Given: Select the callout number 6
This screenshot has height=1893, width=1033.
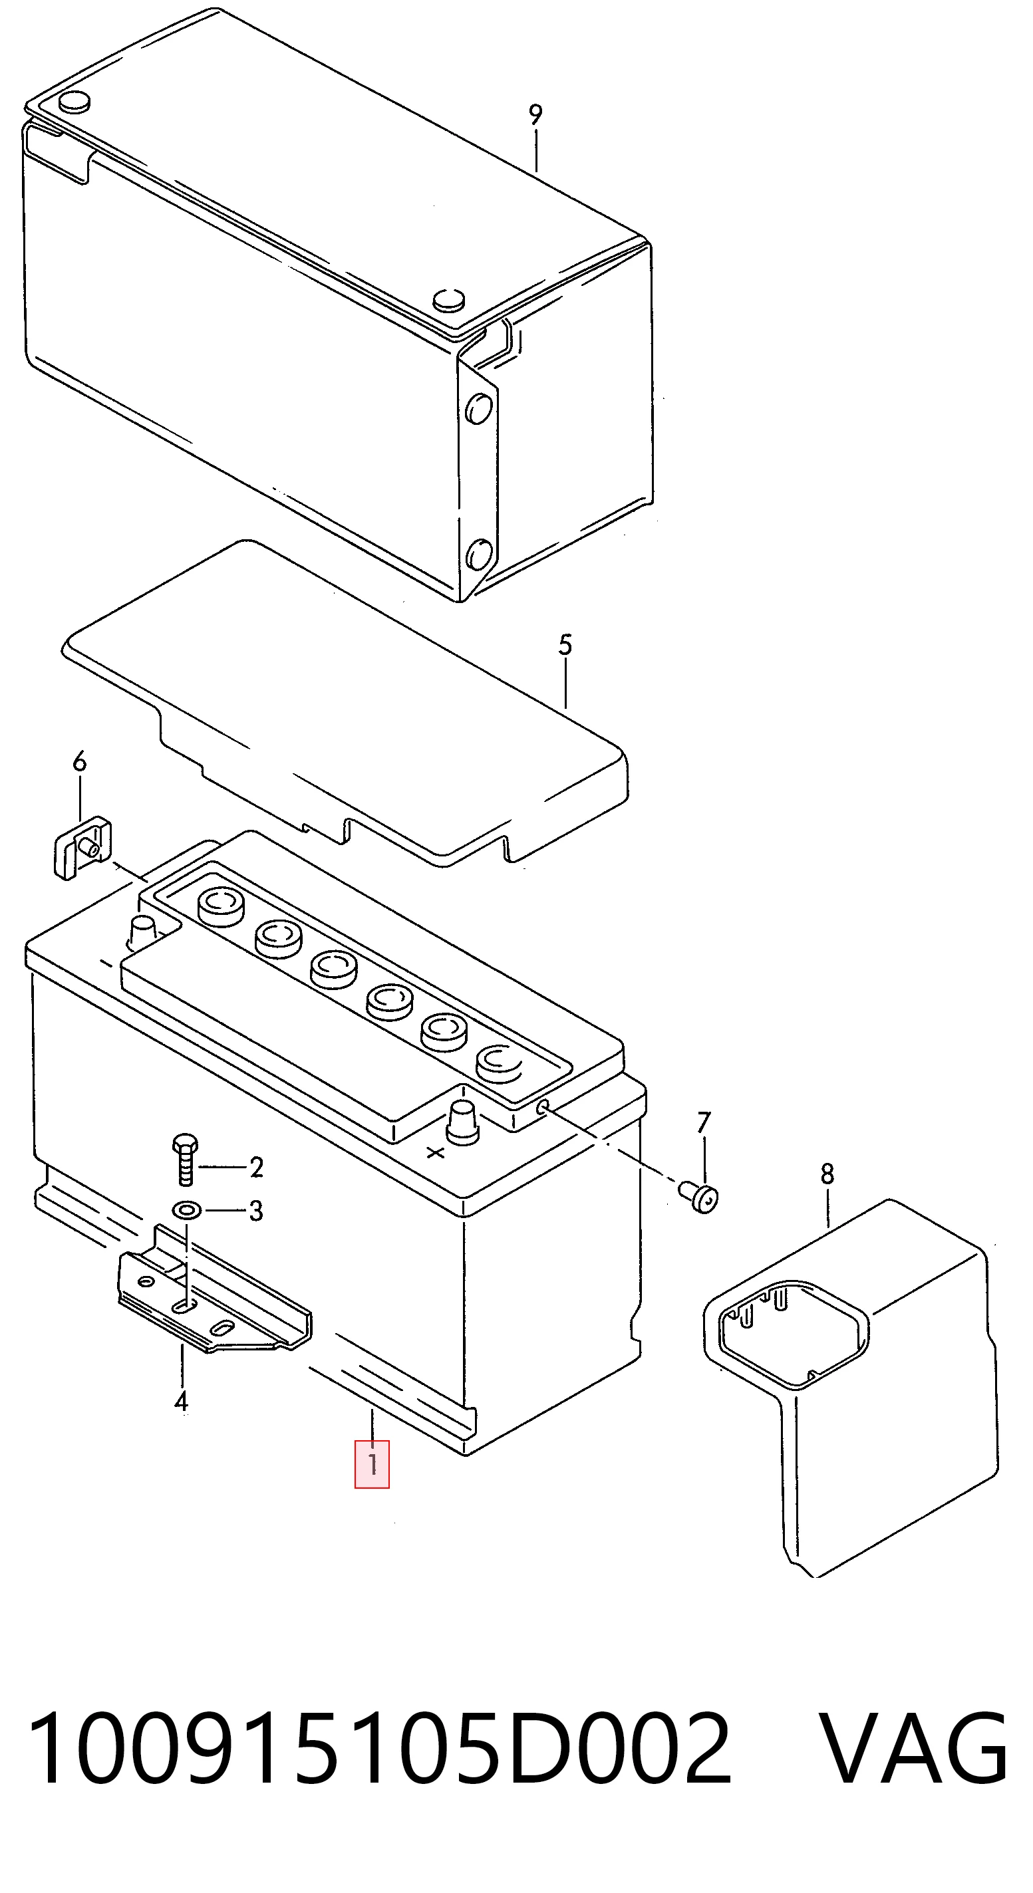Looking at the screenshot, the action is coord(79,761).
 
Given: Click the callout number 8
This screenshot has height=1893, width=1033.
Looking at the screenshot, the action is coord(827,1174).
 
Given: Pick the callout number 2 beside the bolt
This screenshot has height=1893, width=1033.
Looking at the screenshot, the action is coord(256,1166).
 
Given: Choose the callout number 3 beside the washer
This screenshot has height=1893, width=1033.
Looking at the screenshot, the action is coord(256,1210).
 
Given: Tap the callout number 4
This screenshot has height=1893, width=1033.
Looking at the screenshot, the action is coord(181,1401).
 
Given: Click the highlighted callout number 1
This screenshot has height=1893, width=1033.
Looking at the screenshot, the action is coord(372,1465).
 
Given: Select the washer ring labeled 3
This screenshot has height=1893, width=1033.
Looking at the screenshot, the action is coord(184,1209).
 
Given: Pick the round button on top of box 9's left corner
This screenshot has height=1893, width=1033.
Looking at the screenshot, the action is coord(74,103).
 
